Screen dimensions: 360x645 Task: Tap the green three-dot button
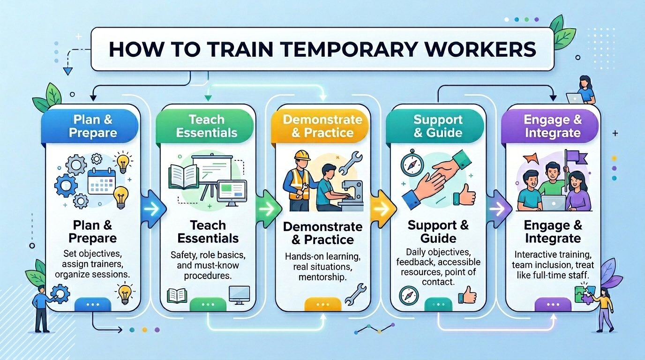pyautogui.click(x=207, y=305)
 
